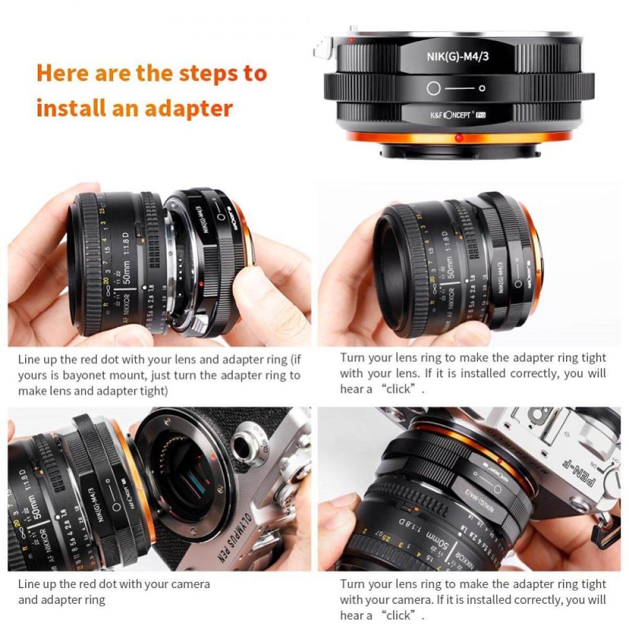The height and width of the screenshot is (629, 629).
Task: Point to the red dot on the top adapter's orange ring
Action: tap(459, 137)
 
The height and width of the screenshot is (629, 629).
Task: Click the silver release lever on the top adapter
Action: tap(322, 48)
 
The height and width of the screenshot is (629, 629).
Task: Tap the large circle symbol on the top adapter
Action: tap(433, 89)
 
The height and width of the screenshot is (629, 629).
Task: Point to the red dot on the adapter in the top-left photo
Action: tap(200, 285)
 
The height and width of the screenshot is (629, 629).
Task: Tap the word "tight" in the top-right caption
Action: tap(593, 358)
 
